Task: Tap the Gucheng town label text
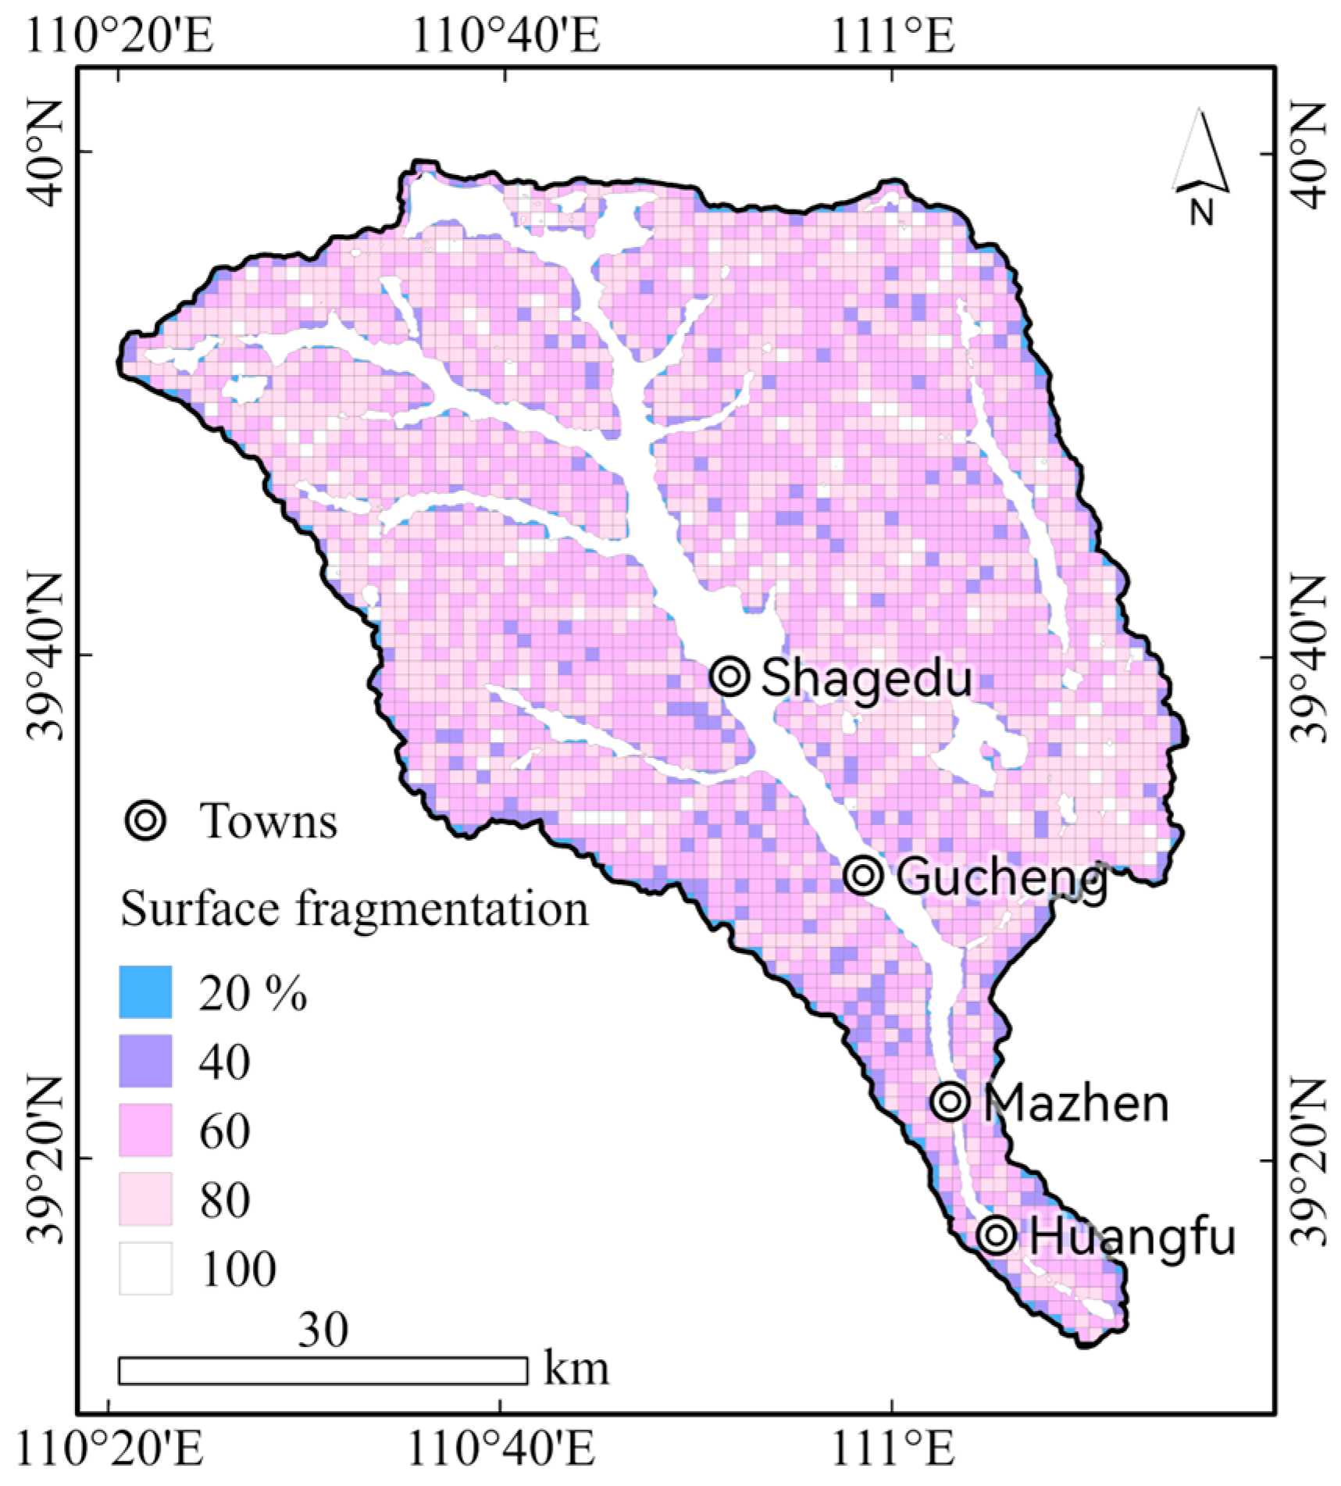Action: click(1000, 878)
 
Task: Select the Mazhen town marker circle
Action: click(950, 1101)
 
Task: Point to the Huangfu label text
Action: click(1132, 1238)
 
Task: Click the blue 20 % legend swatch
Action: click(145, 991)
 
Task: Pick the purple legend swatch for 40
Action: click(145, 1060)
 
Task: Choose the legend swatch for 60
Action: click(145, 1130)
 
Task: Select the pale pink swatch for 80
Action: click(145, 1198)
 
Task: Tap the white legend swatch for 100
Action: click(145, 1268)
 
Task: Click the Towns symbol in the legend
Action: click(146, 820)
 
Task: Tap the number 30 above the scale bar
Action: click(323, 1328)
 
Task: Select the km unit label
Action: click(576, 1368)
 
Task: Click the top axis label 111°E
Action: click(893, 35)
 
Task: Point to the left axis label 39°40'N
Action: click(48, 657)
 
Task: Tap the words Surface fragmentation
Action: click(355, 909)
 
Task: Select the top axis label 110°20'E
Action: click(120, 35)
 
